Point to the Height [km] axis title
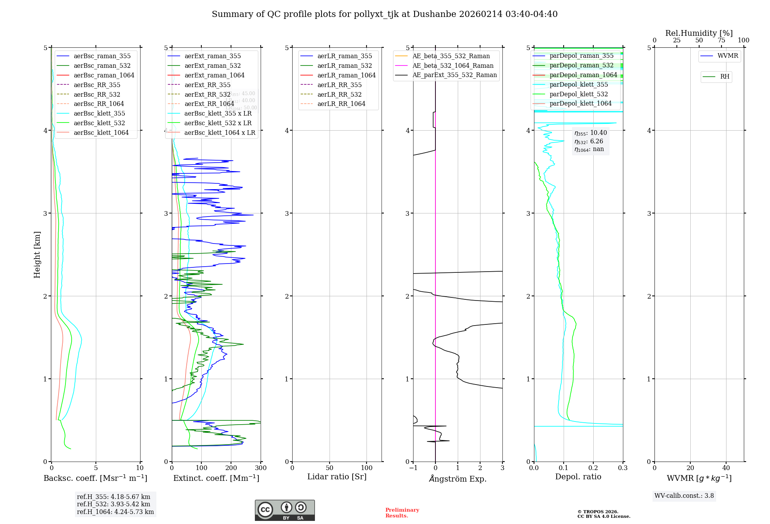[37, 254]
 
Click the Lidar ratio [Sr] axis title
[336, 477]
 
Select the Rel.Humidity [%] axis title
[699, 33]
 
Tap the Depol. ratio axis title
[578, 477]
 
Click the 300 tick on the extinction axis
[261, 468]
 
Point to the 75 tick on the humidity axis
[721, 40]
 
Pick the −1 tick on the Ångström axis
[413, 468]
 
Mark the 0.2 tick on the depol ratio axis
[593, 468]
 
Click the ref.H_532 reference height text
[113, 504]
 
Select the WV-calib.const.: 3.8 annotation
[684, 496]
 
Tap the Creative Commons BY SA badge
[285, 510]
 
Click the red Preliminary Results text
[402, 512]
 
